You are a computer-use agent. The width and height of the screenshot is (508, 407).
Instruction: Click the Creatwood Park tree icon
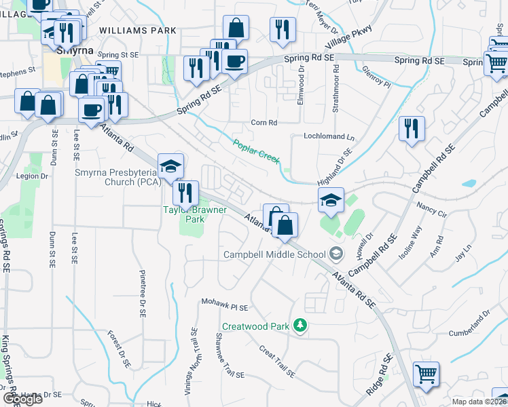tap(300, 326)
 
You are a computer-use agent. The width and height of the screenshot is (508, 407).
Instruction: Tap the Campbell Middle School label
tap(275, 254)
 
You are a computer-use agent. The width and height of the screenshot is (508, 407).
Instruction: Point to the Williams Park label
tap(137, 31)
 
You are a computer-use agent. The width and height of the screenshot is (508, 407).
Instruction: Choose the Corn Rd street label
tap(264, 123)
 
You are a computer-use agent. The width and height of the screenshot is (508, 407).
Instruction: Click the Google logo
tap(22, 399)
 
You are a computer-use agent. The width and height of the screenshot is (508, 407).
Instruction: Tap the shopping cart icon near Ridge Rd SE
tap(426, 374)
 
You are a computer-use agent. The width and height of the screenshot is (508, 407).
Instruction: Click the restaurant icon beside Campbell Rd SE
tap(412, 128)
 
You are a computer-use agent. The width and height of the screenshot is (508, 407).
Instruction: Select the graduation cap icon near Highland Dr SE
tap(331, 199)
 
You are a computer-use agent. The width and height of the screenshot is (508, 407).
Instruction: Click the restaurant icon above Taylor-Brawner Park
tap(185, 193)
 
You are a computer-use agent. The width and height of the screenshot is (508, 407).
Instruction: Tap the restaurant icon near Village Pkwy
tap(282, 29)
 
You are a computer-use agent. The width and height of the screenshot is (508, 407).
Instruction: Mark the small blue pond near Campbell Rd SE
tap(468, 183)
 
